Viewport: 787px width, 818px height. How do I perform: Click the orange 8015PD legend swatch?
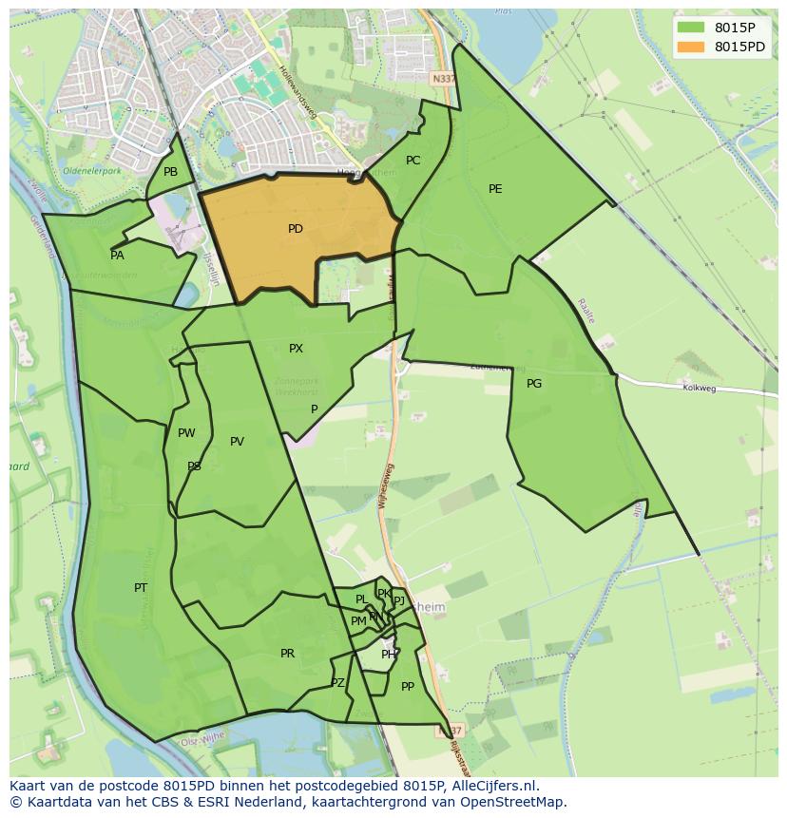[x=690, y=47]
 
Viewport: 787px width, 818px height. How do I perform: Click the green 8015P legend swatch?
[x=690, y=28]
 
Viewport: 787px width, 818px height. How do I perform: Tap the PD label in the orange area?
[x=296, y=229]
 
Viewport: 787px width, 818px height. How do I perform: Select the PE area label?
[x=495, y=189]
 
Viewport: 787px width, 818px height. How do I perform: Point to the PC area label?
[x=413, y=161]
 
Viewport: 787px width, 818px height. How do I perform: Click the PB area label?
[x=170, y=172]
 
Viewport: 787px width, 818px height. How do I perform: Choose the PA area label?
[x=117, y=255]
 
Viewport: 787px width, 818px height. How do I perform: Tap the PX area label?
[x=296, y=349]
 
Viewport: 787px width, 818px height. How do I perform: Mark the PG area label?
[x=534, y=383]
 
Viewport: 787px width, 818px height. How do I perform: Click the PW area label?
[x=186, y=433]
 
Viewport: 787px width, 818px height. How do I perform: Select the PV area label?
[x=237, y=442]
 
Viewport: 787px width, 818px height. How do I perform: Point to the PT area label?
[x=141, y=588]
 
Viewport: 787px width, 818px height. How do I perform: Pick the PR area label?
[x=287, y=654]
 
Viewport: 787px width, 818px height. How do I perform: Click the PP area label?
[x=408, y=686]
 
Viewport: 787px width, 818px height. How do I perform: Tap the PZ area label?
[x=337, y=683]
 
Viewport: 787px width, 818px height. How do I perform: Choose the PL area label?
[x=361, y=599]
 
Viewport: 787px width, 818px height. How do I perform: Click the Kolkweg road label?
[x=698, y=388]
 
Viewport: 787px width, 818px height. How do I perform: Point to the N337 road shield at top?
[x=442, y=80]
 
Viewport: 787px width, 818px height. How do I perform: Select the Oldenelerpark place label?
[x=92, y=171]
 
